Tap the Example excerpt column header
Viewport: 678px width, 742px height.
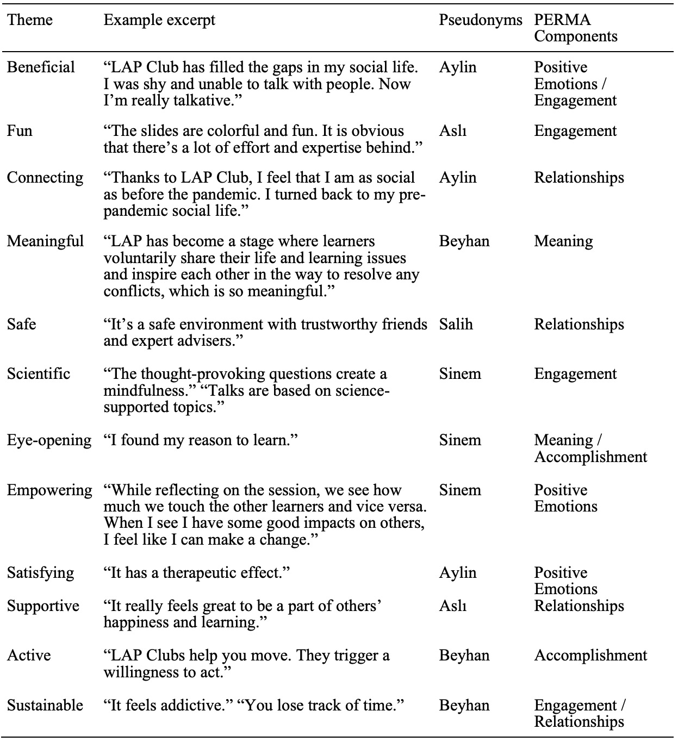pyautogui.click(x=159, y=20)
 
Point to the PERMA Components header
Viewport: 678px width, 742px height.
pyautogui.click(x=575, y=28)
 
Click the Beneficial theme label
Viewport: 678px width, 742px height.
pyautogui.click(x=41, y=67)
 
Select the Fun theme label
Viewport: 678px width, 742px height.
pyautogui.click(x=20, y=131)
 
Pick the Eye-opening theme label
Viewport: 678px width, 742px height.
pyautogui.click(x=49, y=440)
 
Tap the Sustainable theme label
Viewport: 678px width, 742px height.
pyautogui.click(x=45, y=706)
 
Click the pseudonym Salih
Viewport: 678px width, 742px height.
pyautogui.click(x=456, y=325)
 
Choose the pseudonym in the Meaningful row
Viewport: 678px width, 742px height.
pyautogui.click(x=464, y=241)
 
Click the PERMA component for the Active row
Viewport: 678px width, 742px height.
pyautogui.click(x=590, y=656)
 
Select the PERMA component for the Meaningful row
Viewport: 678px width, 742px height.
pyautogui.click(x=563, y=241)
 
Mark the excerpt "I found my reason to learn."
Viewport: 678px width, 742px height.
pyautogui.click(x=201, y=440)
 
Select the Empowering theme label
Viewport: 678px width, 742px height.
pyautogui.click(x=49, y=490)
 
